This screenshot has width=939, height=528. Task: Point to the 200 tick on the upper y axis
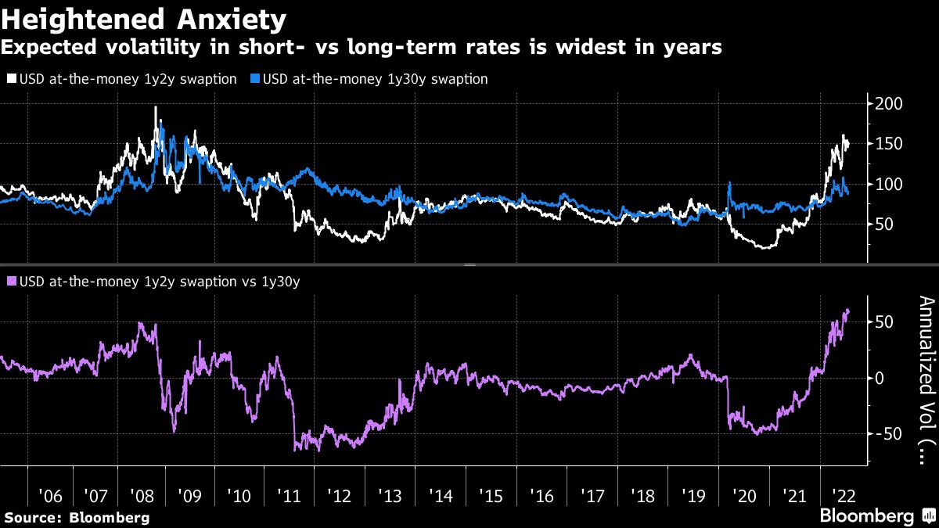[x=890, y=104]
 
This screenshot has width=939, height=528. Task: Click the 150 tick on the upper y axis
[x=890, y=144]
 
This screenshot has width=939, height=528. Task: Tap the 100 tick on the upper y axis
[x=890, y=185]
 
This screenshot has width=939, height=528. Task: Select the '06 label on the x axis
[x=50, y=496]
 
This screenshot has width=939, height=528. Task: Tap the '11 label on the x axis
[x=289, y=496]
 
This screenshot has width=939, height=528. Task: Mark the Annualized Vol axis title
[x=926, y=379]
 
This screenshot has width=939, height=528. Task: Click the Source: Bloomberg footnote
[x=77, y=517]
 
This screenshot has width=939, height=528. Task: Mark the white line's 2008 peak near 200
[x=155, y=107]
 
